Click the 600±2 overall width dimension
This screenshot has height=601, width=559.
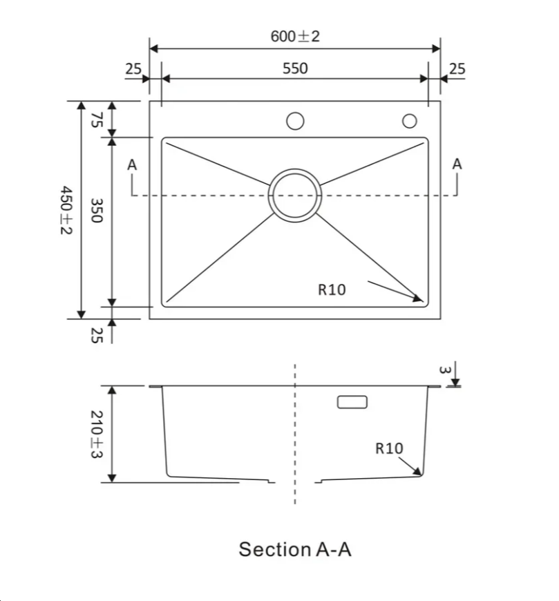(x=295, y=37)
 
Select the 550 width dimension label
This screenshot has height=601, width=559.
(x=295, y=68)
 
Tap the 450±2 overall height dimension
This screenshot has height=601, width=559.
(x=65, y=210)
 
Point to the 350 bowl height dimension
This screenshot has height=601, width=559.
(x=97, y=210)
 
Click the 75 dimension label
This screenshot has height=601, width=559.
(x=97, y=120)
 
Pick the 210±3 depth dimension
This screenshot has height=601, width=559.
(x=97, y=435)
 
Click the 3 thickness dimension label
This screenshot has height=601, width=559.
(x=446, y=370)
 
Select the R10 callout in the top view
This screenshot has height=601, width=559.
(x=332, y=290)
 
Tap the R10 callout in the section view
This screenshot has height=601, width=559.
(x=389, y=448)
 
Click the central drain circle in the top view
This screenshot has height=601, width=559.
(x=295, y=195)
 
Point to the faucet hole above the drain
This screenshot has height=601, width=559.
(x=295, y=121)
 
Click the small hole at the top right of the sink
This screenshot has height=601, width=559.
(x=410, y=121)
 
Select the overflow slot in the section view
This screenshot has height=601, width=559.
(x=352, y=402)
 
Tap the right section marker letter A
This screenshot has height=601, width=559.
(x=457, y=164)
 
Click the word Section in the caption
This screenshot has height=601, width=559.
(x=274, y=550)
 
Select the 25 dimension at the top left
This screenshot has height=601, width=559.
(x=133, y=68)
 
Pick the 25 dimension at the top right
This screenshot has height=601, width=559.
(x=457, y=68)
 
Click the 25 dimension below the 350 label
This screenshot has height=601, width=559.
(x=97, y=336)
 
